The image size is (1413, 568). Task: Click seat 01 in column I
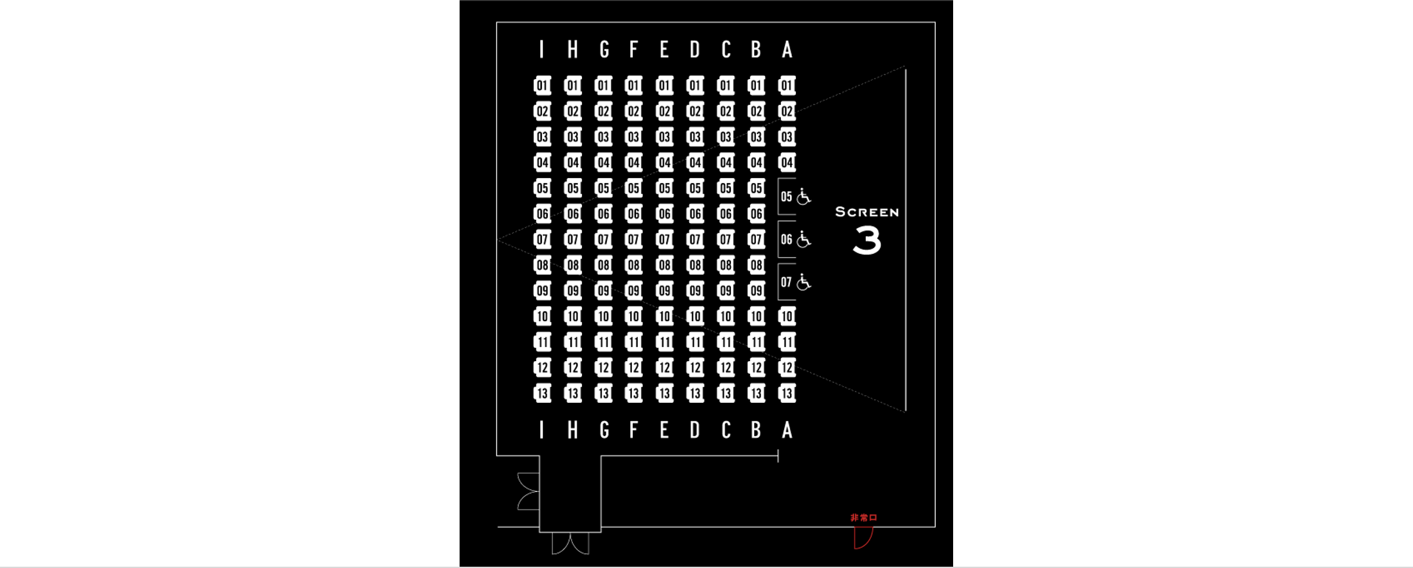click(x=542, y=85)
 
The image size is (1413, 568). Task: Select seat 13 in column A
click(x=787, y=393)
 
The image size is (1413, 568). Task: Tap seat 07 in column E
click(x=665, y=240)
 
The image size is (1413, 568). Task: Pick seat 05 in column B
click(x=757, y=188)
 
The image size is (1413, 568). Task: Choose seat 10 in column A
click(x=787, y=316)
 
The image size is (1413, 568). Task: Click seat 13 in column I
click(x=542, y=393)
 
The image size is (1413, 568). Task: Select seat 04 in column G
click(x=603, y=163)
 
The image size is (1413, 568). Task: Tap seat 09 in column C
click(x=726, y=290)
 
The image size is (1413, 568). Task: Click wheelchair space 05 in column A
click(x=794, y=197)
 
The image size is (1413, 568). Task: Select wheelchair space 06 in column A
click(x=794, y=240)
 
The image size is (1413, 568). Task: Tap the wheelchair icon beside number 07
click(x=803, y=282)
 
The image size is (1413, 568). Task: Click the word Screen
click(x=867, y=212)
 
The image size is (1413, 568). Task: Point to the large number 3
click(x=867, y=240)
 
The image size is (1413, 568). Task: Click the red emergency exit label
click(x=864, y=517)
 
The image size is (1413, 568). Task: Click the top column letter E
click(x=664, y=49)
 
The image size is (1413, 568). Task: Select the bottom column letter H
click(x=572, y=430)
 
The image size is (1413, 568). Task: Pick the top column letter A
click(x=787, y=49)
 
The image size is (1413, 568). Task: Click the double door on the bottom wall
click(x=570, y=544)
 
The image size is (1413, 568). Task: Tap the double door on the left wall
click(x=528, y=492)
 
